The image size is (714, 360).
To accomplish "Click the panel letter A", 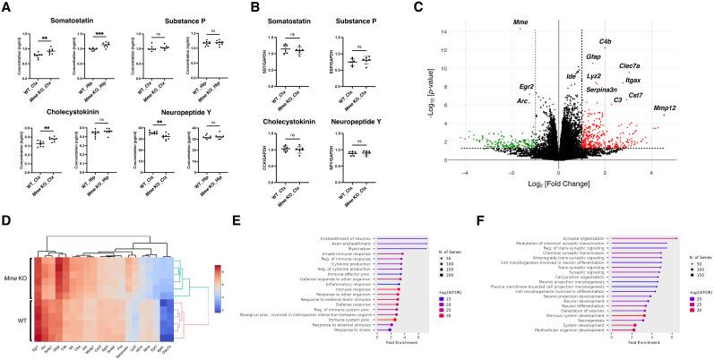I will pos(6,7).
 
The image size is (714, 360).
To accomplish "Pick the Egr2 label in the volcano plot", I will pos(527,87).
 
